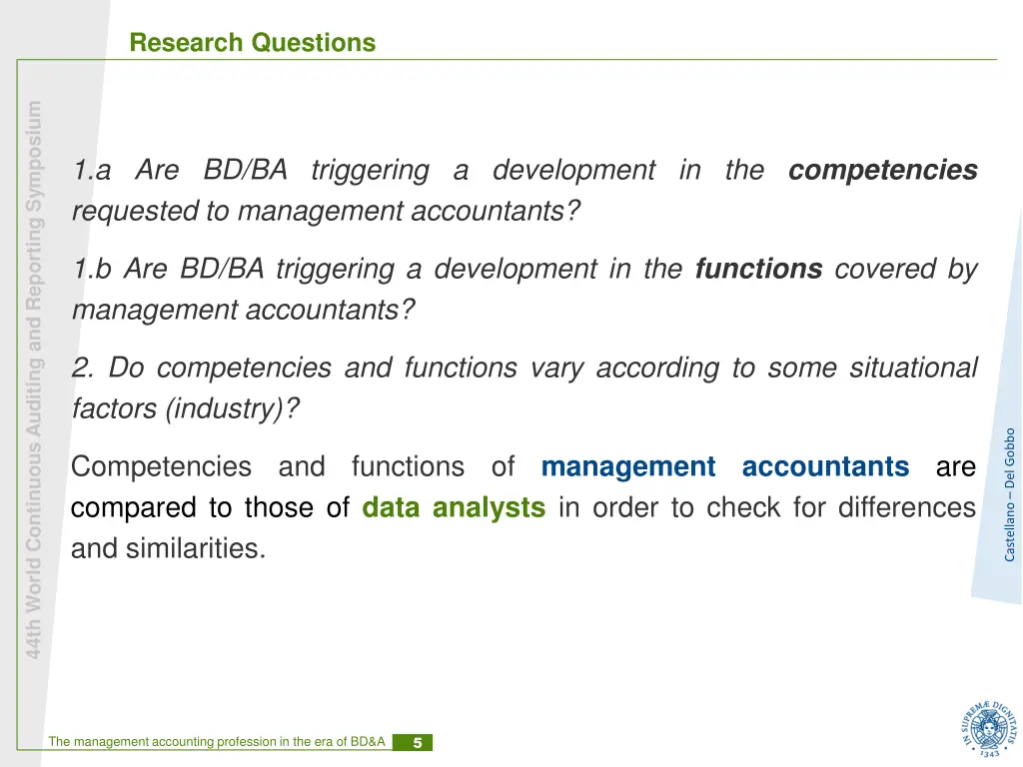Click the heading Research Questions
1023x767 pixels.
point(253,43)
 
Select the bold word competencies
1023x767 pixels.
point(882,171)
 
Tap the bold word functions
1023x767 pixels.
point(758,270)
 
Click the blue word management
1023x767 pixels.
point(627,466)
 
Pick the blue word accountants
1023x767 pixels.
point(825,466)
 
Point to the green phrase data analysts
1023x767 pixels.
point(454,508)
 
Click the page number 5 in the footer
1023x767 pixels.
point(417,742)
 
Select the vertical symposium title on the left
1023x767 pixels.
point(34,380)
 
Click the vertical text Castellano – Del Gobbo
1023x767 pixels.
point(1010,494)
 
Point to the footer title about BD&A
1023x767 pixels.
point(217,742)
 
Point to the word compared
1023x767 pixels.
point(135,508)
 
